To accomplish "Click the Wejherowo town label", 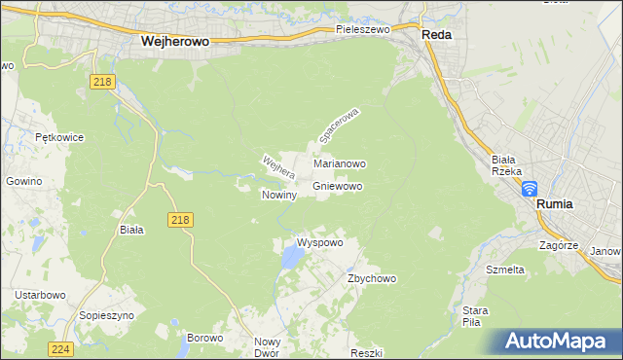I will pyautogui.click(x=176, y=42).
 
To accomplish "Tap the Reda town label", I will pyautogui.click(x=435, y=33).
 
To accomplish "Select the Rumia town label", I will pyautogui.click(x=555, y=204).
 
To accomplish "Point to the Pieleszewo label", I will pyautogui.click(x=362, y=30).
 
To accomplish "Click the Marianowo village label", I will pyautogui.click(x=339, y=164).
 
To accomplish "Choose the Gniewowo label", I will pyautogui.click(x=338, y=185).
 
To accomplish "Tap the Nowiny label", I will pyautogui.click(x=278, y=195).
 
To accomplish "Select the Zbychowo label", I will pyautogui.click(x=372, y=278).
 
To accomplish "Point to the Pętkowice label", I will pyautogui.click(x=59, y=138).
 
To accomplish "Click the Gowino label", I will pyautogui.click(x=24, y=181).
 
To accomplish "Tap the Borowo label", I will pyautogui.click(x=204, y=338).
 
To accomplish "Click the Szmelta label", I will pyautogui.click(x=505, y=269).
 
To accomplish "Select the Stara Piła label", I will pyautogui.click(x=475, y=316).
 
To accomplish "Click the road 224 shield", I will pyautogui.click(x=61, y=348).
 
